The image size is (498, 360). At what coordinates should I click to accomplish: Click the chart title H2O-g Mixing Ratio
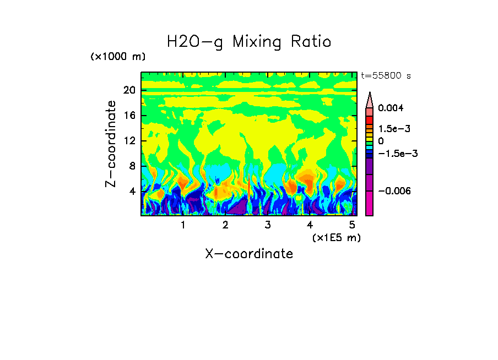click(x=249, y=42)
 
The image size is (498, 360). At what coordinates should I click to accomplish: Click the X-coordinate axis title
click(x=249, y=254)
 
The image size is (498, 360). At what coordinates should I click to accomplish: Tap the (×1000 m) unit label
click(x=118, y=57)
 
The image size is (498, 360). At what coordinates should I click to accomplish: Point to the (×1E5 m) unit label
click(x=336, y=238)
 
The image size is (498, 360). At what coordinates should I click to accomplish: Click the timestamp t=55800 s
click(x=386, y=76)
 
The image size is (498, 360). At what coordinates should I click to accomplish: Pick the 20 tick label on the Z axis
click(x=129, y=90)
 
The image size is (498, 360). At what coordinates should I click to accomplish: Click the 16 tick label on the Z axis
click(x=129, y=116)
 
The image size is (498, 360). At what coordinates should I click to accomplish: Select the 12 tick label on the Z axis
click(x=129, y=141)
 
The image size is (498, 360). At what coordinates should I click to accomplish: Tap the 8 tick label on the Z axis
click(x=132, y=166)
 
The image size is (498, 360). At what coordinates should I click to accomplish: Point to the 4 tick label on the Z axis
click(x=132, y=192)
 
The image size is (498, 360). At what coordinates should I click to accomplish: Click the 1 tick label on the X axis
click(x=183, y=225)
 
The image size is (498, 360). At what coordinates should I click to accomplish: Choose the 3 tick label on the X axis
click(x=267, y=225)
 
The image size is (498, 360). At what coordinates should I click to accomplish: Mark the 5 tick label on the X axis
click(x=351, y=225)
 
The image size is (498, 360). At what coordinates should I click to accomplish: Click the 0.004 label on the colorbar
click(x=391, y=108)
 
